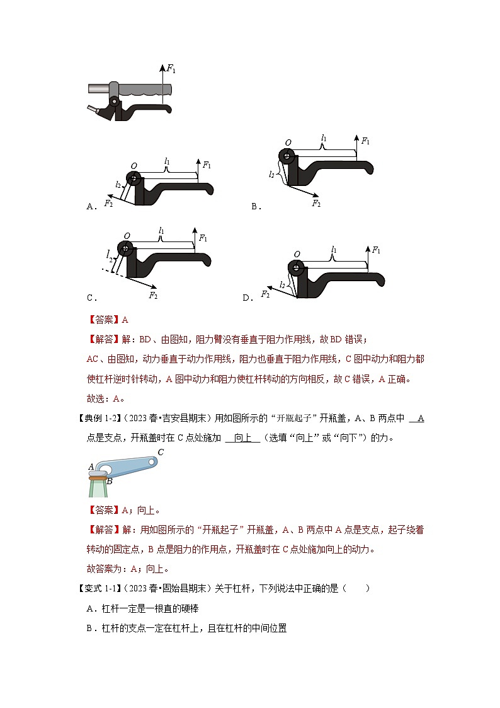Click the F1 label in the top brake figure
coord(170,67)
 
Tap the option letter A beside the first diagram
coord(90,206)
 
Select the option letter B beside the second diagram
coord(254,206)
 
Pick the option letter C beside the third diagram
coord(90,298)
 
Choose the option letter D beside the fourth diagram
coord(246,298)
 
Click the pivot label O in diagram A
coord(134,166)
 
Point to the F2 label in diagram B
coord(316,203)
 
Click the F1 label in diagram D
coord(376,250)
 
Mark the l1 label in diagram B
coord(324,137)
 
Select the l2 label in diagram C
coord(110,255)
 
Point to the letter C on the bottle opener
coord(161,452)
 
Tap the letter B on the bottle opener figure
coord(109,481)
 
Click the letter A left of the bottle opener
coord(91,467)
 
